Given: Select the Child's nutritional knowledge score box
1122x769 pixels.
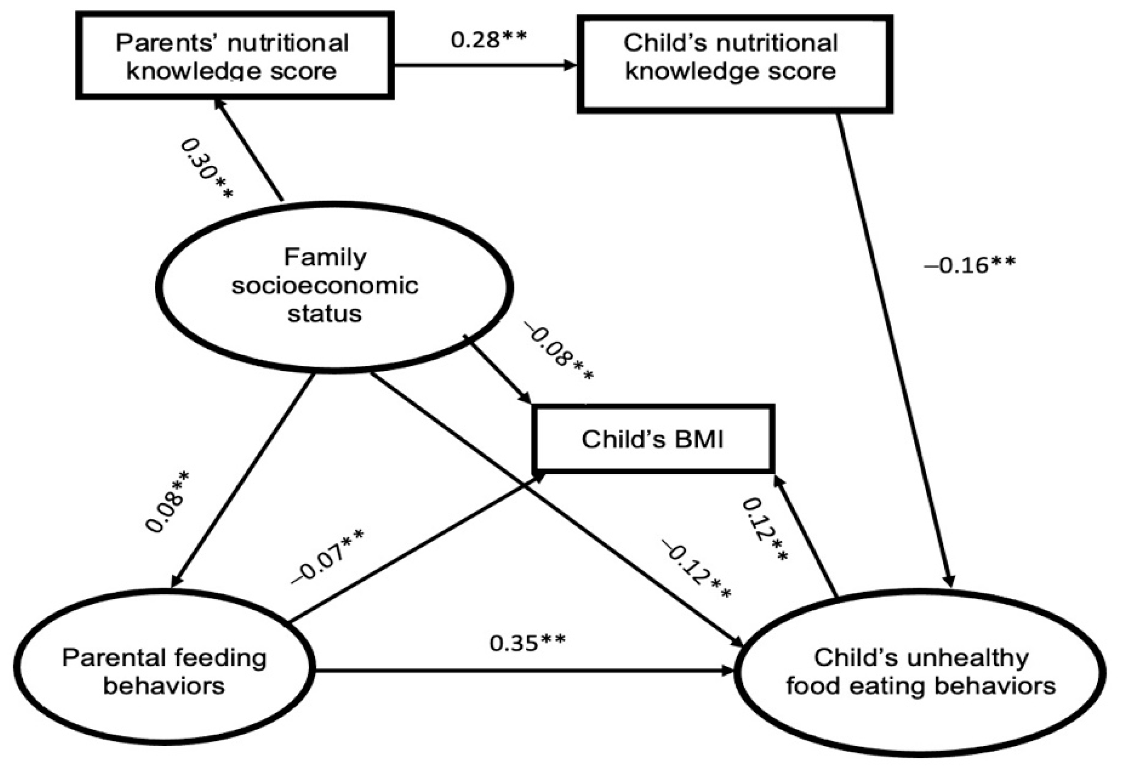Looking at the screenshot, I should (734, 64).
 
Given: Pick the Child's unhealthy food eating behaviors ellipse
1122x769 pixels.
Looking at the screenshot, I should (920, 672).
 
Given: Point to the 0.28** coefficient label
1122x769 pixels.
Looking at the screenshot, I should (488, 40).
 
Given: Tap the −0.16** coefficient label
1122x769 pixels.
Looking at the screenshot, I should (969, 264).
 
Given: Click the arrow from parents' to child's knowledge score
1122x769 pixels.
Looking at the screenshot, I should (485, 66).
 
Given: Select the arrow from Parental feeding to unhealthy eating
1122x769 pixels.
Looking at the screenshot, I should (524, 670).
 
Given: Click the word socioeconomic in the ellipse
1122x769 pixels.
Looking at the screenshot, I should (325, 286).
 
